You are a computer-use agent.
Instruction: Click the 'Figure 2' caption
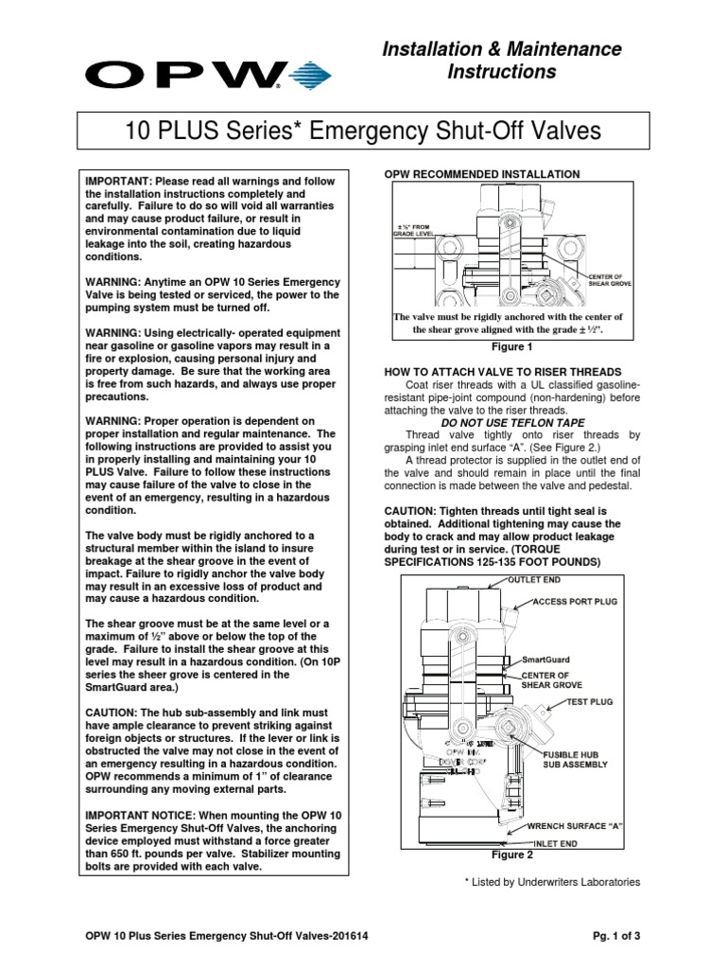[x=511, y=854]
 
